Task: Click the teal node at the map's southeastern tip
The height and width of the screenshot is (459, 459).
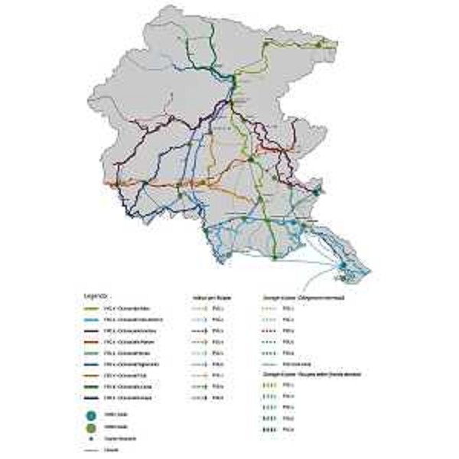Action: tap(343, 265)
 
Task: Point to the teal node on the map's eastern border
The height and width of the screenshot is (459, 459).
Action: tap(316, 193)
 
